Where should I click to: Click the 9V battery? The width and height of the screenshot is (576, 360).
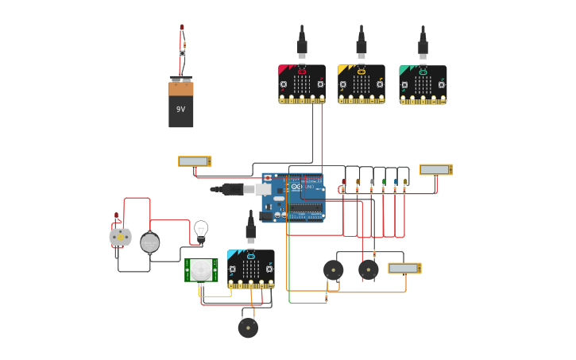[180, 103]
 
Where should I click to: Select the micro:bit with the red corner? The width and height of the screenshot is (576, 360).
[302, 83]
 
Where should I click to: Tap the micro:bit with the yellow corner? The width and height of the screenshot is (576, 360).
[361, 83]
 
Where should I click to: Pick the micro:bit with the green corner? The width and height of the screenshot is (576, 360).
[423, 84]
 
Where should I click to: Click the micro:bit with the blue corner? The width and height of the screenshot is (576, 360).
[250, 269]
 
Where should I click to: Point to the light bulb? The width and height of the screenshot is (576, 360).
[201, 230]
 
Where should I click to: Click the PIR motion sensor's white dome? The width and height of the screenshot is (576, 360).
[201, 270]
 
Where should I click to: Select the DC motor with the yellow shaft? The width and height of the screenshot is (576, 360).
[120, 237]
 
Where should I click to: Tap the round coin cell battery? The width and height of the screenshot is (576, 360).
[150, 242]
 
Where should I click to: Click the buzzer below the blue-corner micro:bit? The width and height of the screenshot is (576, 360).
[248, 327]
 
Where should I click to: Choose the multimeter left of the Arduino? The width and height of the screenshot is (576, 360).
[195, 161]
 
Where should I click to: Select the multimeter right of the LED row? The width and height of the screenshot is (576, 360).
[435, 169]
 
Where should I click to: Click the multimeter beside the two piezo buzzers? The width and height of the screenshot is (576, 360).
[404, 269]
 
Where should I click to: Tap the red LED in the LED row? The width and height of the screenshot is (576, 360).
[343, 183]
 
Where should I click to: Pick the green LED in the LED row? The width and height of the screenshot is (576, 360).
[384, 183]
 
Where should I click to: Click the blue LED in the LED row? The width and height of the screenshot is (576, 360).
[396, 183]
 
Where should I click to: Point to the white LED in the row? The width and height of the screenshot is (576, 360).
[371, 183]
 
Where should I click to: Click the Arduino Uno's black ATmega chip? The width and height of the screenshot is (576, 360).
[306, 208]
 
